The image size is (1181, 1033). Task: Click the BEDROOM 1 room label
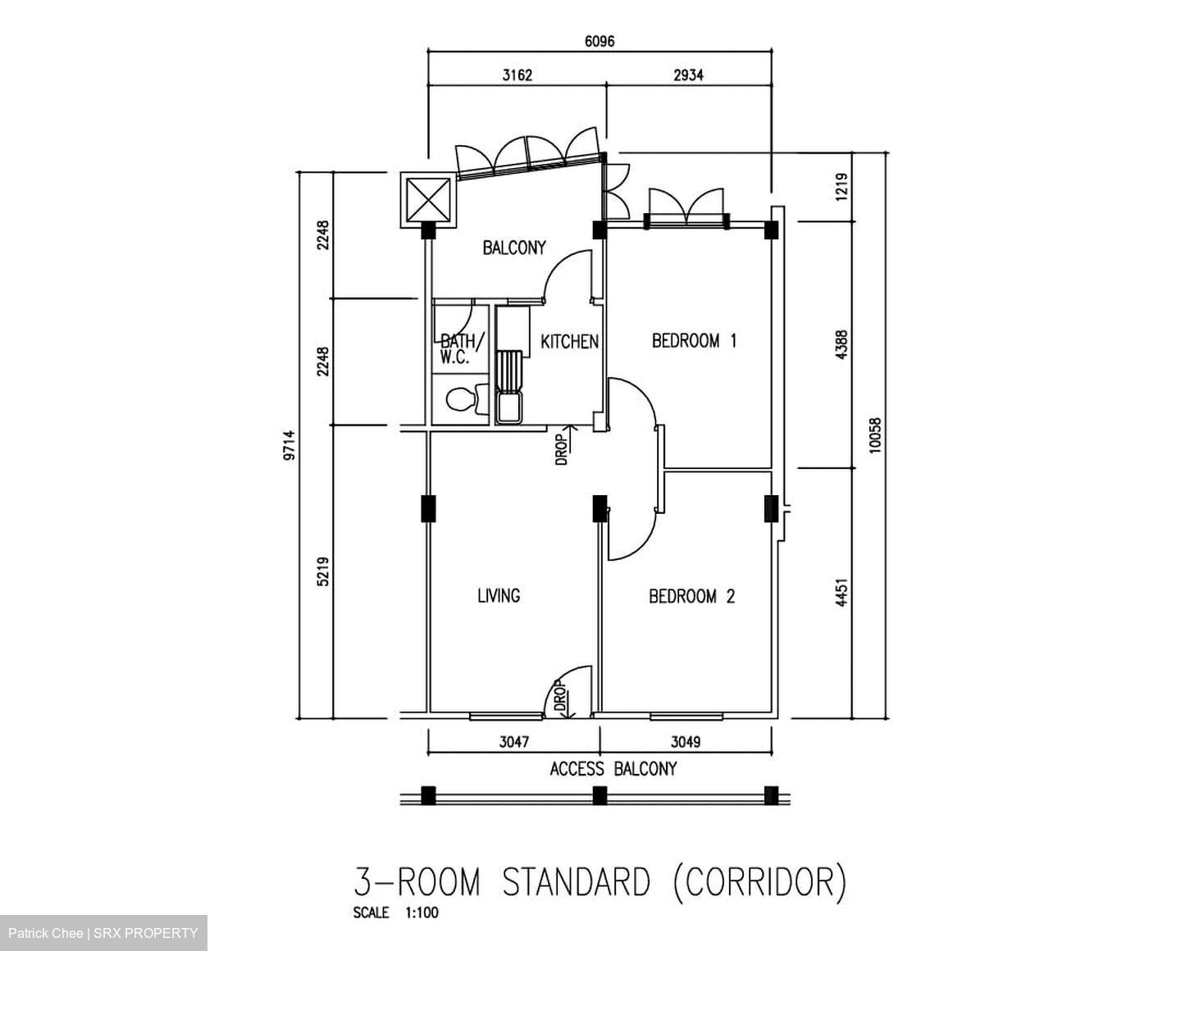click(694, 340)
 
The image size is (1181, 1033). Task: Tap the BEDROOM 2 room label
click(691, 596)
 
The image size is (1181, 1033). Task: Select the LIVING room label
click(499, 596)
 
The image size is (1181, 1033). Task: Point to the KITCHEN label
click(569, 342)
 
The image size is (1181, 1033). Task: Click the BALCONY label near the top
click(513, 248)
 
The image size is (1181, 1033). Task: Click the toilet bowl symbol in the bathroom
click(463, 400)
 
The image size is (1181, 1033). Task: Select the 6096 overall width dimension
click(599, 42)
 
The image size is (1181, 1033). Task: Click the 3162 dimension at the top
click(517, 75)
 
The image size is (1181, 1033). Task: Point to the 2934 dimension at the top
click(688, 75)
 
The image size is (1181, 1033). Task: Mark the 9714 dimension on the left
click(288, 447)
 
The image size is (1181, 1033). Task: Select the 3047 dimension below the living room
click(514, 742)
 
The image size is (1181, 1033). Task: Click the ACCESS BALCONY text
click(613, 769)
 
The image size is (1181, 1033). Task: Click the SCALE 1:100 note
click(395, 913)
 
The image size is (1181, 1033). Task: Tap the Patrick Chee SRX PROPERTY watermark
click(103, 933)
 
